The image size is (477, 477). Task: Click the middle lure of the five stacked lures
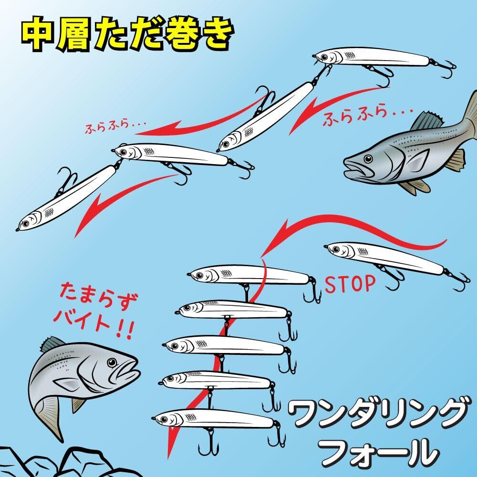click(224, 344)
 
